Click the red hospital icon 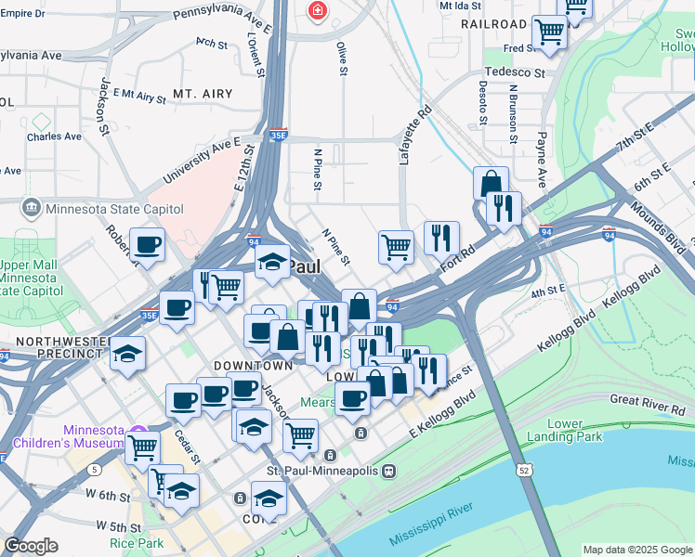click(318, 10)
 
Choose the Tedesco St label click(514, 72)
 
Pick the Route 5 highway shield click(96, 470)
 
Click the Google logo click(31, 545)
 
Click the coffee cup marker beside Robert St click(147, 245)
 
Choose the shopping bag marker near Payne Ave click(491, 184)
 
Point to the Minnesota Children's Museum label click(94, 436)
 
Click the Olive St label click(342, 58)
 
